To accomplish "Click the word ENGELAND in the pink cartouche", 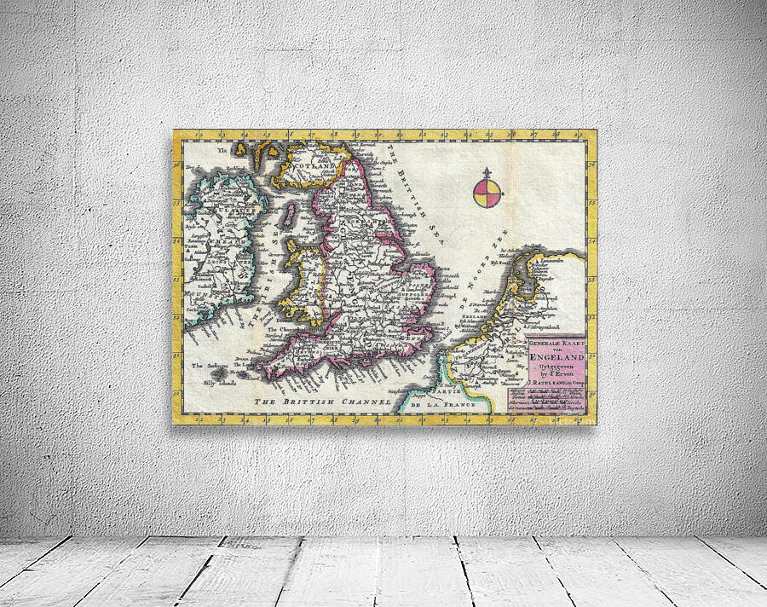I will click(x=558, y=360).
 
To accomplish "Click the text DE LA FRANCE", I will click(x=442, y=404).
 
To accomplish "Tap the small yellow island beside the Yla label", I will click(x=242, y=149).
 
